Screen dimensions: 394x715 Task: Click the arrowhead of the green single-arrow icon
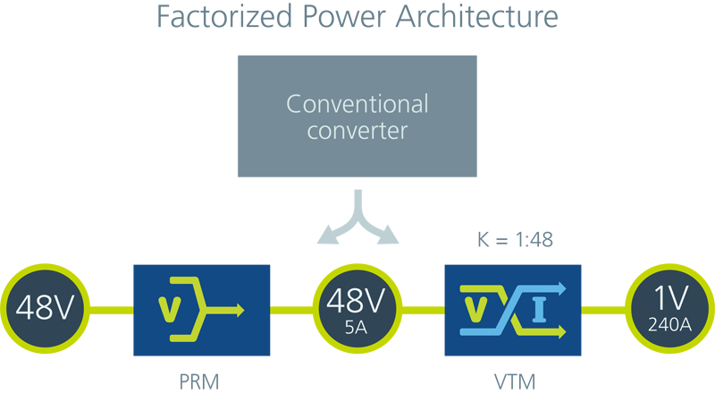coord(240,310)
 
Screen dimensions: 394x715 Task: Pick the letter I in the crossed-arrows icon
coord(538,310)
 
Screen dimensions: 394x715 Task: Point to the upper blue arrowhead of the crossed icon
coord(562,289)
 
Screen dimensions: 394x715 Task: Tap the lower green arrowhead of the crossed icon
coord(562,330)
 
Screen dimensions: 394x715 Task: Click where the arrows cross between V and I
coord(508,310)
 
